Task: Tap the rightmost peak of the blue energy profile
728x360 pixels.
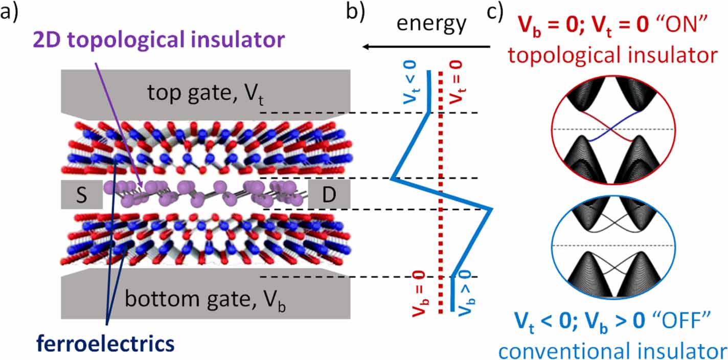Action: point(491,209)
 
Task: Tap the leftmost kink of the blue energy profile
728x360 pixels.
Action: point(391,179)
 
